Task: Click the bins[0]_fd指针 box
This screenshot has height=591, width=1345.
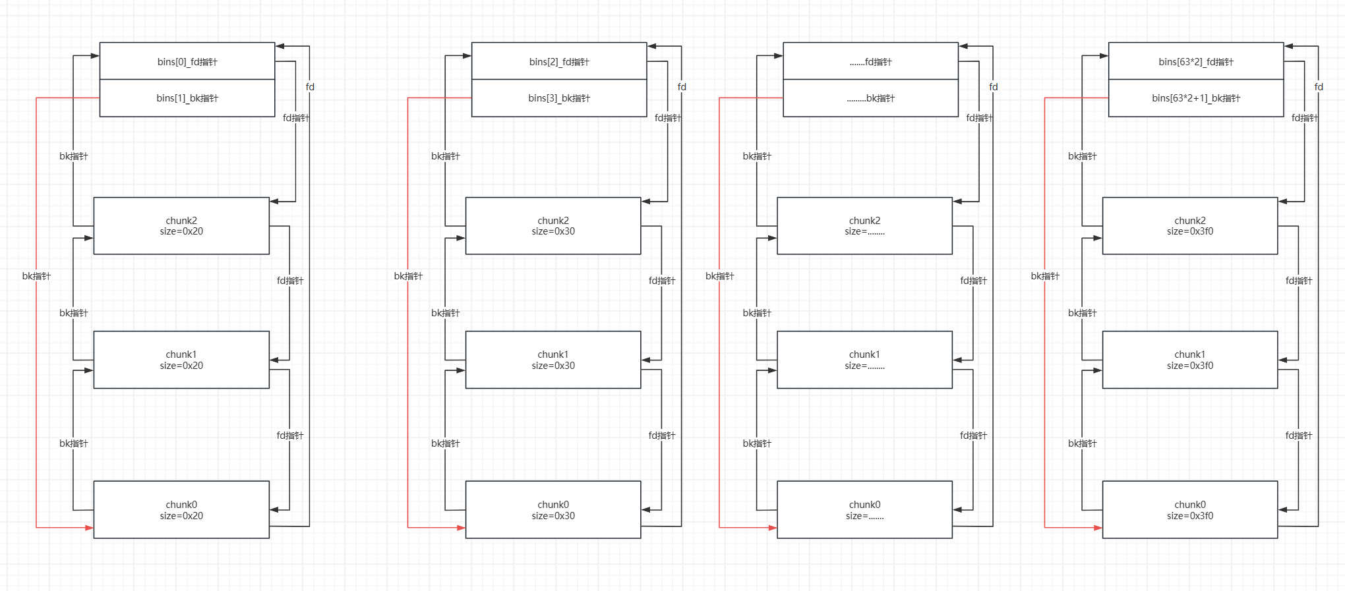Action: (187, 61)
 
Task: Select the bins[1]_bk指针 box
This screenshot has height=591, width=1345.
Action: (187, 98)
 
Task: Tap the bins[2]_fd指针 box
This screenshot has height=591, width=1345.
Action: (559, 61)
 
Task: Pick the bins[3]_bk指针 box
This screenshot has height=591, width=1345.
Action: (559, 98)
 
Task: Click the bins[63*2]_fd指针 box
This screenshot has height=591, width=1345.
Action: (1196, 61)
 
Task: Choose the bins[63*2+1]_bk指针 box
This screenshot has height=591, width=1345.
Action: (1196, 98)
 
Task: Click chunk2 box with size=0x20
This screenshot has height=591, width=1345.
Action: (181, 226)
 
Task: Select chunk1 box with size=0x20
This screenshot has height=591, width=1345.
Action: (181, 360)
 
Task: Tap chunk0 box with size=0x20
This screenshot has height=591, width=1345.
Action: (181, 510)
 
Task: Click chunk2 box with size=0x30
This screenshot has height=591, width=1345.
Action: (553, 226)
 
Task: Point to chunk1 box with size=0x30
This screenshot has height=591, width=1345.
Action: (553, 360)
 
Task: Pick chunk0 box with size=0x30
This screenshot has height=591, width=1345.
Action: (553, 510)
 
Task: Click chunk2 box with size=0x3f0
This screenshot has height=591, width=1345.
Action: (1190, 226)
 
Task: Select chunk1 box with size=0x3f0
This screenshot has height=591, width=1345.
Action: (1190, 360)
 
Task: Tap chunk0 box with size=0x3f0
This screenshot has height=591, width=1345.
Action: (1190, 510)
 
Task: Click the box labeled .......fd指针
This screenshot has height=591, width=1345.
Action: (870, 61)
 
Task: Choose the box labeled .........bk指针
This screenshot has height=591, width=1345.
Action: (870, 98)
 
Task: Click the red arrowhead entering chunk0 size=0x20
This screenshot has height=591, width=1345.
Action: (89, 528)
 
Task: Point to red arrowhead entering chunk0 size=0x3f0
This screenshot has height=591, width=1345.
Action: (1098, 528)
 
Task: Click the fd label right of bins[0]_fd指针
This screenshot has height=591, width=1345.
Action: (310, 87)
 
